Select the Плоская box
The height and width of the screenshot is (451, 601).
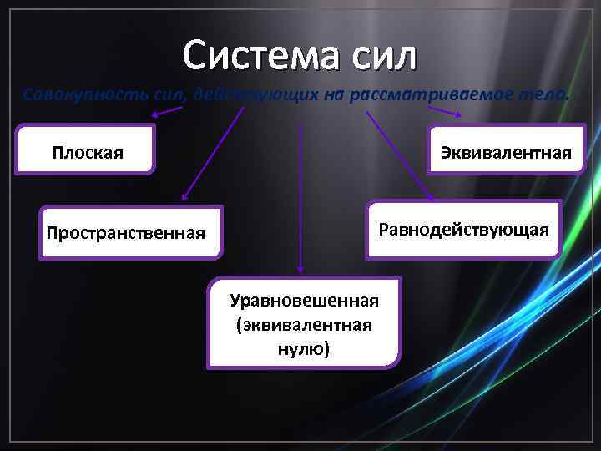87,152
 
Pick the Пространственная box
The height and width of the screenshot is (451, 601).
125,231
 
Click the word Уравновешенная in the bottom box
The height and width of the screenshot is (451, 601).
304,300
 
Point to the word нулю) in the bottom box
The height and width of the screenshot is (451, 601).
304,348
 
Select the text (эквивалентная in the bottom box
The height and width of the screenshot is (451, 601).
304,324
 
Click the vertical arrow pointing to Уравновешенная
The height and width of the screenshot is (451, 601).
300,192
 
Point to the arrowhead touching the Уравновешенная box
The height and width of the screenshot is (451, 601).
300,270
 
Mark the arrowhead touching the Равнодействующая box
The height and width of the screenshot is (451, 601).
431,197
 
